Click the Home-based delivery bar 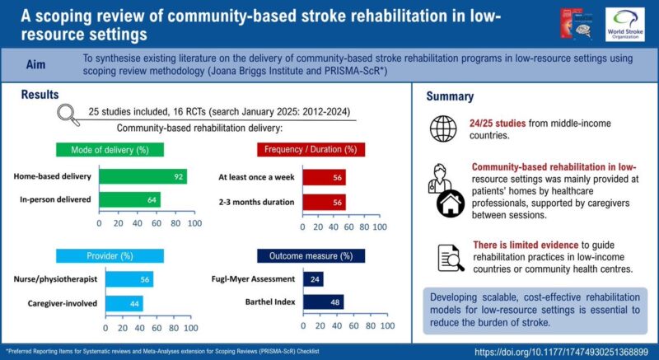[x=143, y=176]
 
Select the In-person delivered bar [x=129, y=199]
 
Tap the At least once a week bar [x=324, y=176]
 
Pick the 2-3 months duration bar [x=324, y=199]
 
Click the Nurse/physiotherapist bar [x=125, y=280]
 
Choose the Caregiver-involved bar [x=120, y=303]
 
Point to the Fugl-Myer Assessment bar [x=313, y=280]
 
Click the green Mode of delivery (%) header [x=110, y=150]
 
